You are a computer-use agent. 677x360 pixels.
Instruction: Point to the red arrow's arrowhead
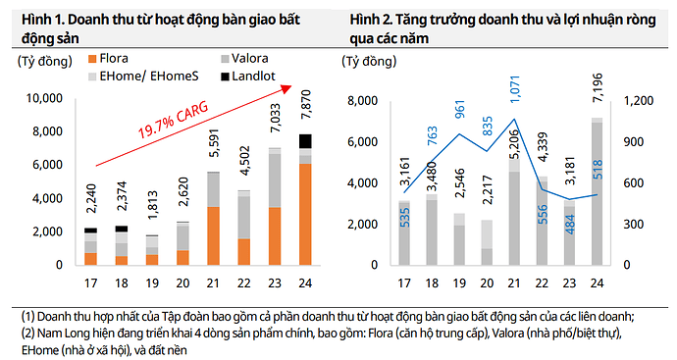(x=287, y=87)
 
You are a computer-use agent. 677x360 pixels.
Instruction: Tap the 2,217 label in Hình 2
(x=488, y=198)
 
